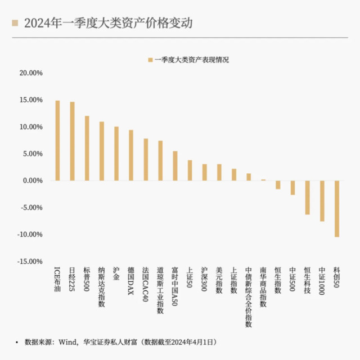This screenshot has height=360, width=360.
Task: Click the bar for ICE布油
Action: point(57,141)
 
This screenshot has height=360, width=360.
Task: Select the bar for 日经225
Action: point(72,141)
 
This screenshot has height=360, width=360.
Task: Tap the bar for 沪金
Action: point(116,154)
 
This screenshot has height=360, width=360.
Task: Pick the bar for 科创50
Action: point(336,209)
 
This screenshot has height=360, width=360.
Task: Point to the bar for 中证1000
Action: point(322,201)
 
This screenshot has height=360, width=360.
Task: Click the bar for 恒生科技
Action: point(307,197)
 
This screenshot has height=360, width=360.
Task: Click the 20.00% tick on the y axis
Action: point(31,73)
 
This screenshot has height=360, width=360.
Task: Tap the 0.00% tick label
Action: point(33,181)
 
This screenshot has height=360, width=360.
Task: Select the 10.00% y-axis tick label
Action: point(31,127)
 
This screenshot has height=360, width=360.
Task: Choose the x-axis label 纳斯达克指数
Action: point(101,287)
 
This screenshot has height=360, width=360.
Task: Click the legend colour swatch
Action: point(149,59)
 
